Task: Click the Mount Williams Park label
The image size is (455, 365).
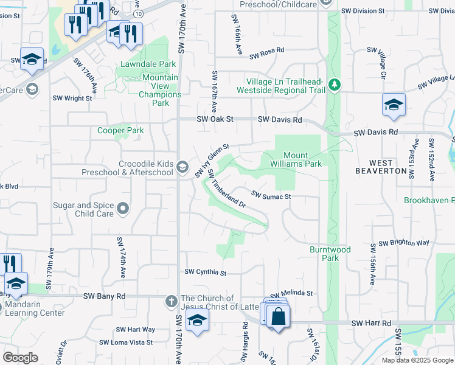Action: tap(295, 159)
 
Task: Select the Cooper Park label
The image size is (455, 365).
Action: tap(120, 130)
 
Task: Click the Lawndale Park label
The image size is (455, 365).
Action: tap(148, 64)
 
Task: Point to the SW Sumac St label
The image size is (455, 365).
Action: tap(272, 195)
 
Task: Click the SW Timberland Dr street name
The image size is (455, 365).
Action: tap(226, 189)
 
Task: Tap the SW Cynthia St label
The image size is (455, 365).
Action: tap(206, 273)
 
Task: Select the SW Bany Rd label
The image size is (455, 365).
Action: tap(104, 296)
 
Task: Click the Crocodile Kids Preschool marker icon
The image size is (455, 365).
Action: tap(182, 168)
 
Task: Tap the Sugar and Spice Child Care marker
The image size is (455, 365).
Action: tap(123, 209)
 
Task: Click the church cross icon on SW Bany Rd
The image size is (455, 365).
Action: tap(172, 301)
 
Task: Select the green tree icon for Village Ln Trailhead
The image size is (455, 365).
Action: tap(333, 83)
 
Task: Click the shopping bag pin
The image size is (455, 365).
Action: tap(278, 317)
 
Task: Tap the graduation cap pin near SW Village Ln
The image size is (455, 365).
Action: tap(394, 104)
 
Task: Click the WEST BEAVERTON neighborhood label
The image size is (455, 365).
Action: tap(388, 167)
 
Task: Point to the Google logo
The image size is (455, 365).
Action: tap(20, 358)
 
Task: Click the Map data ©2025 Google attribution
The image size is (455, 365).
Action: tap(417, 360)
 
